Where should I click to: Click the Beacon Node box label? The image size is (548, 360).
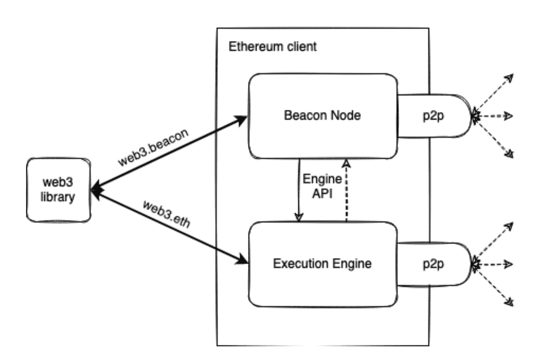tap(322, 115)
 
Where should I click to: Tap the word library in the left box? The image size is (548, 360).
tap(58, 198)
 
